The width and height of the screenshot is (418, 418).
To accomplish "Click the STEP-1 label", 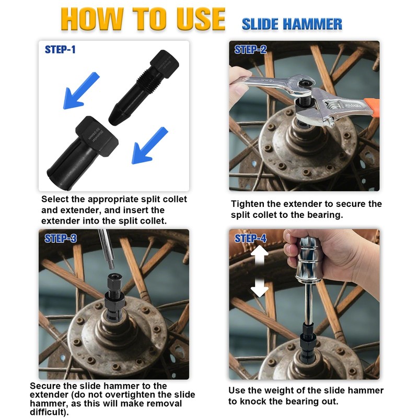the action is [x=60, y=50].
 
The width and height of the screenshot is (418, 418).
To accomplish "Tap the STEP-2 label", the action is [x=250, y=50].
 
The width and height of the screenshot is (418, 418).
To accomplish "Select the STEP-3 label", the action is [x=61, y=238].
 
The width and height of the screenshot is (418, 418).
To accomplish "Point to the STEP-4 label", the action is [x=250, y=238].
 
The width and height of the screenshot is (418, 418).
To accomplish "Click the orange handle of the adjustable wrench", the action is [x=371, y=107].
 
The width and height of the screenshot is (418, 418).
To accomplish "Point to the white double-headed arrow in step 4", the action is [x=259, y=271].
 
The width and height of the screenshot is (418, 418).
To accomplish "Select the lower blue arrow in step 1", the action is [x=149, y=146].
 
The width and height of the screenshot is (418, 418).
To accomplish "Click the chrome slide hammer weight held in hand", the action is [x=309, y=259].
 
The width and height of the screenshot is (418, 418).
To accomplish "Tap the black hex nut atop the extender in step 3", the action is [x=114, y=281].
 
